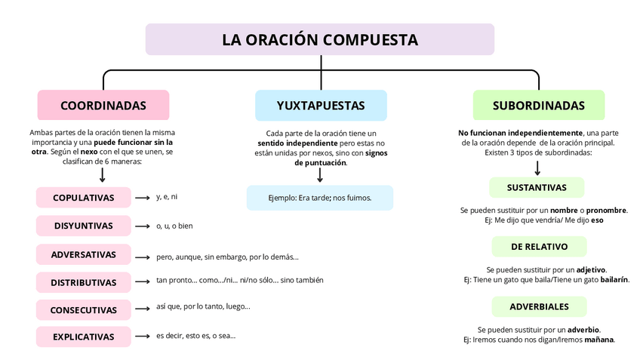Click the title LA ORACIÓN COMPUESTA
[x=320, y=39]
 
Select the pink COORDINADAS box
[x=103, y=105]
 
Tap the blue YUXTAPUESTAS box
[x=321, y=106]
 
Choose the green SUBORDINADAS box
[x=538, y=106]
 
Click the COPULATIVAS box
[x=83, y=198]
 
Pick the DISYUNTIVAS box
[x=83, y=226]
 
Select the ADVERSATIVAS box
[x=83, y=254]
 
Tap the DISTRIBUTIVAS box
[x=83, y=282]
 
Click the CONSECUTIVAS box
[x=83, y=310]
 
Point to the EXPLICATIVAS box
[x=83, y=337]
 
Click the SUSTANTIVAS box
[x=537, y=187]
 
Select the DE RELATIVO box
[x=539, y=247]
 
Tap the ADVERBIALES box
[x=539, y=306]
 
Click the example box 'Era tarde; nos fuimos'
[x=320, y=198]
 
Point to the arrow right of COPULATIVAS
[x=143, y=198]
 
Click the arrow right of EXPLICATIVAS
[x=143, y=337]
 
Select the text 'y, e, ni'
[x=167, y=197]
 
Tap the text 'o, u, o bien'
[x=174, y=226]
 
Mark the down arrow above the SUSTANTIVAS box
[x=537, y=168]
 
